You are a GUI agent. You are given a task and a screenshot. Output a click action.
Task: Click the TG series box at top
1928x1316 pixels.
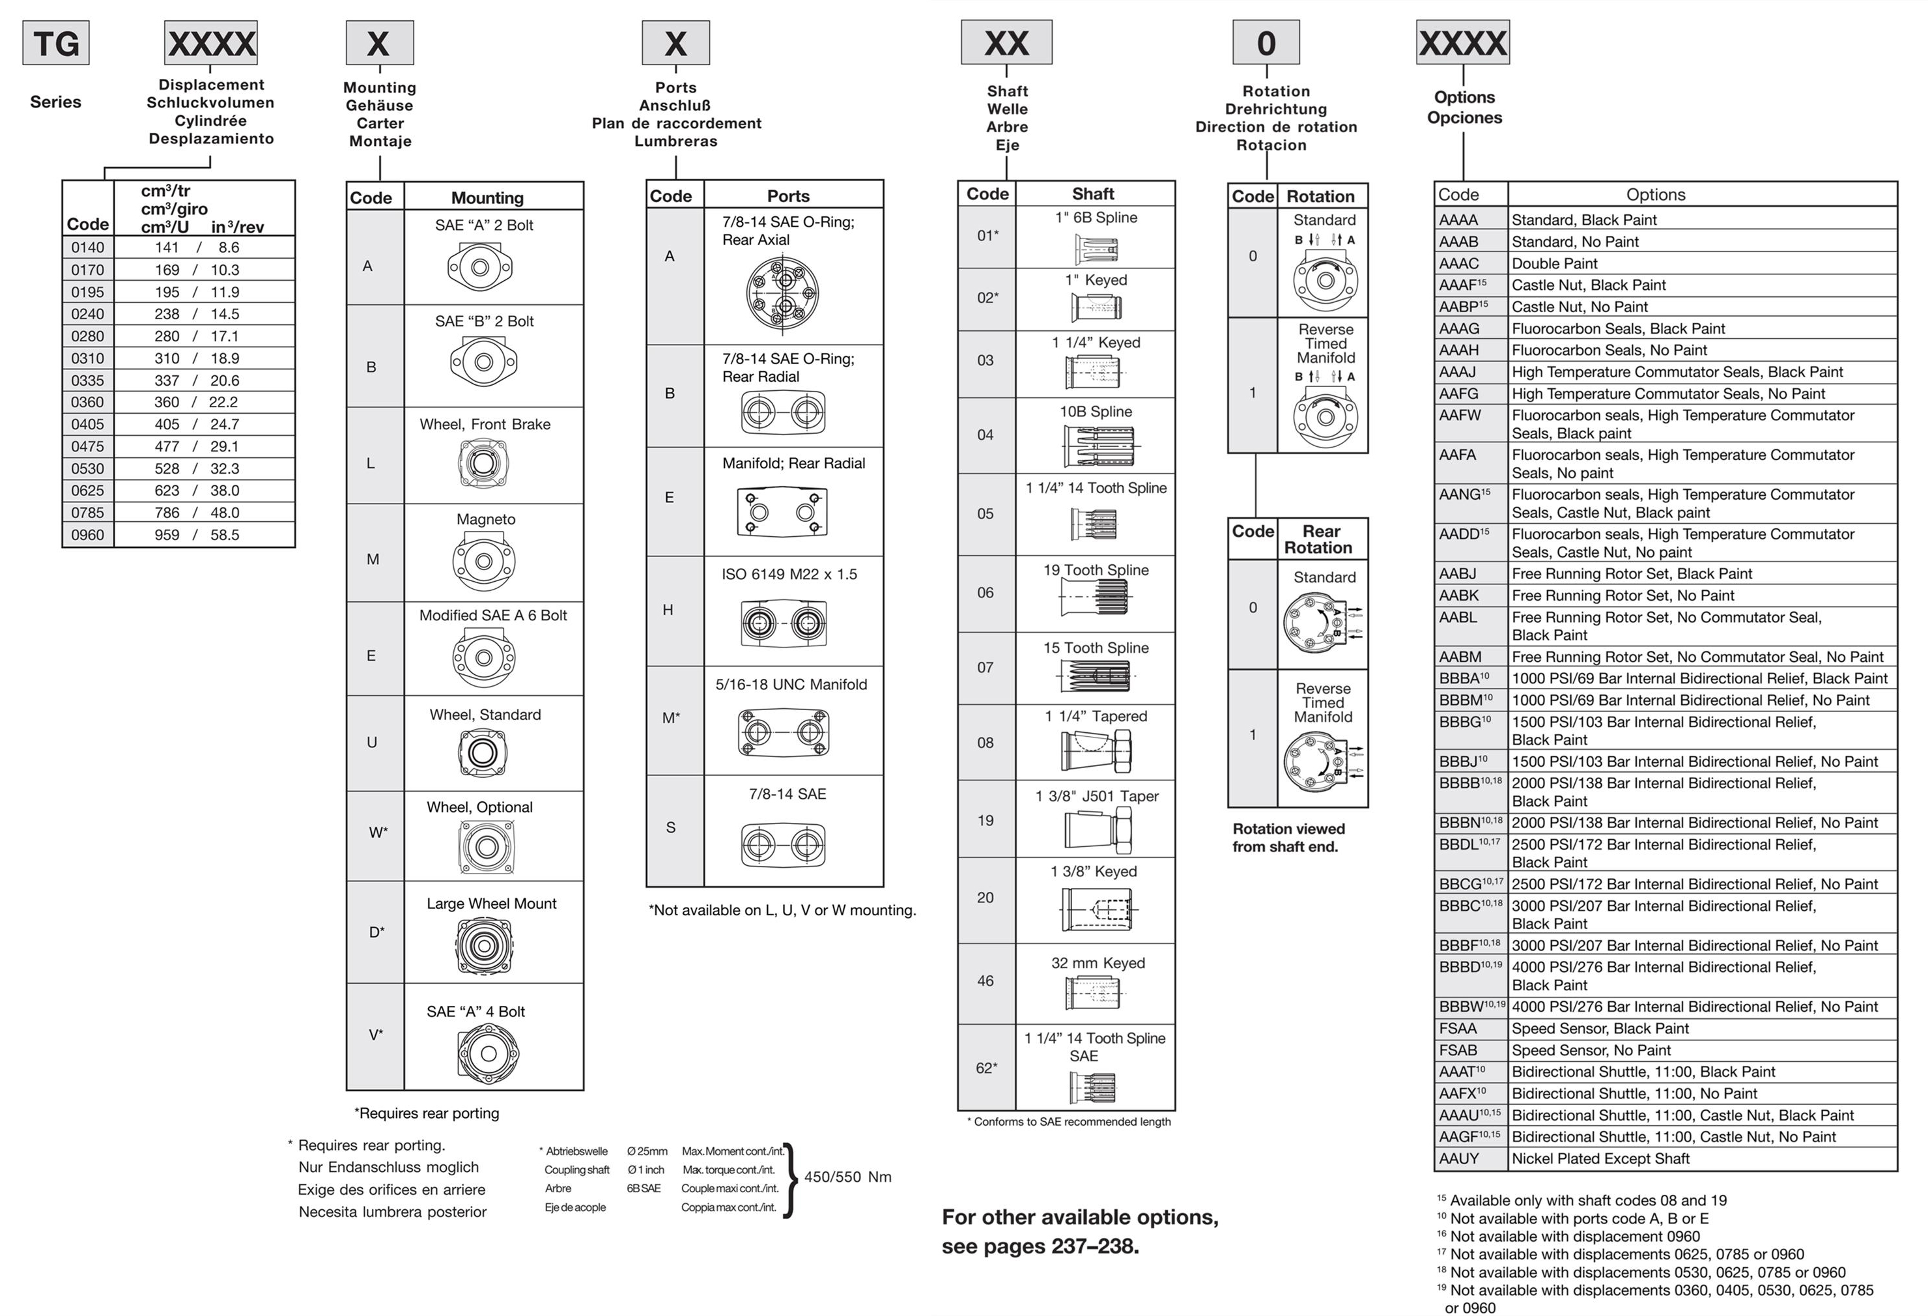(x=55, y=43)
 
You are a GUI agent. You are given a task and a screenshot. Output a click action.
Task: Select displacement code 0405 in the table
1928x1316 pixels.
(x=88, y=424)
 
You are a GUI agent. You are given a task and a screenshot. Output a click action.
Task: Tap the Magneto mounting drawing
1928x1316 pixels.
(x=485, y=561)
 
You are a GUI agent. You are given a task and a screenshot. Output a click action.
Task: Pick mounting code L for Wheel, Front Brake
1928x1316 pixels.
(x=371, y=463)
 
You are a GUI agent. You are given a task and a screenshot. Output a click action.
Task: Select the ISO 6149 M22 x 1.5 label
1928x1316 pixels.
(x=789, y=574)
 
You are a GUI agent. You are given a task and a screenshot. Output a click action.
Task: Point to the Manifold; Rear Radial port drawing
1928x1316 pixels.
(x=782, y=511)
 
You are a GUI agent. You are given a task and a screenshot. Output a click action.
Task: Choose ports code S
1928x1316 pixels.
(x=670, y=827)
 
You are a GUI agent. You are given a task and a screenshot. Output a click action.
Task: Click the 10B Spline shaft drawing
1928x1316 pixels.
(x=1097, y=445)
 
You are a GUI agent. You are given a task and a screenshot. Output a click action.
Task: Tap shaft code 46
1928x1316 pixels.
(x=985, y=980)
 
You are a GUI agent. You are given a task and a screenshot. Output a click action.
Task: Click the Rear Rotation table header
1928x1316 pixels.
(x=1321, y=539)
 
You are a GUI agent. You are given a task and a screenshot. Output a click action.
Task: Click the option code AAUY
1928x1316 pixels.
(x=1458, y=1158)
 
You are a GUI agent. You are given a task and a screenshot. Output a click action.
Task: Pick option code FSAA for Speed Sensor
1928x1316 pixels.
(x=1458, y=1029)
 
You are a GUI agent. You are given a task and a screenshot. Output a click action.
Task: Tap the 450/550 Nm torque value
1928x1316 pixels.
(x=847, y=1177)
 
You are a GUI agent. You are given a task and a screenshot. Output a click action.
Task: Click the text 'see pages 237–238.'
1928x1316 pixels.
(x=1040, y=1246)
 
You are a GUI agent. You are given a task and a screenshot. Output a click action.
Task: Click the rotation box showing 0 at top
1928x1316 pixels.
(x=1265, y=43)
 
